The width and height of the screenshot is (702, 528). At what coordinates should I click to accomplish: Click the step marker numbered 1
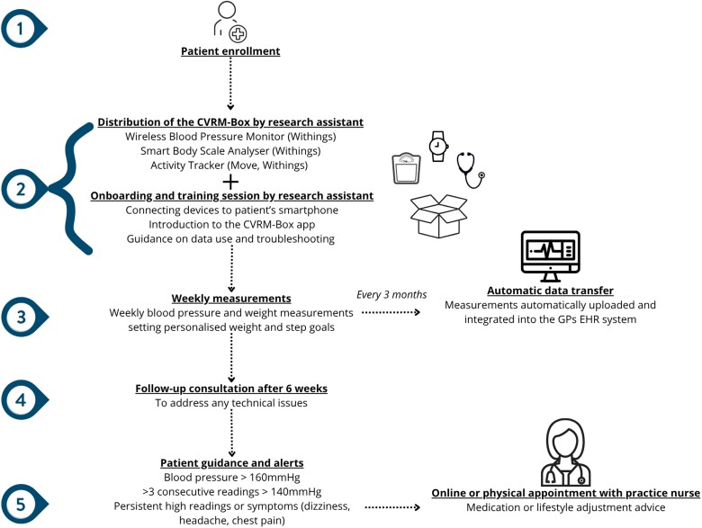coord(23,29)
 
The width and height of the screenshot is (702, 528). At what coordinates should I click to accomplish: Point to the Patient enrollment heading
coord(230,51)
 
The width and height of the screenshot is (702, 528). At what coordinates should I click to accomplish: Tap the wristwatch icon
coord(438,147)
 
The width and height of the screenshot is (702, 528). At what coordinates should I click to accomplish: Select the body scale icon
coord(407,169)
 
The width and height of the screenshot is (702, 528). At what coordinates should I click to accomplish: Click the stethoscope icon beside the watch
coord(470,170)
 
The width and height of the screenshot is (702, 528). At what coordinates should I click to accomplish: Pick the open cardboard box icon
coord(439,216)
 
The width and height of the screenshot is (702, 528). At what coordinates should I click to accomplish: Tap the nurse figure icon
coord(565,452)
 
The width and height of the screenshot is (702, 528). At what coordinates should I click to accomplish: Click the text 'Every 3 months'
coord(391,295)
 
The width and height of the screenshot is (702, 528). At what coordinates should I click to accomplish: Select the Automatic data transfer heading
coord(550,291)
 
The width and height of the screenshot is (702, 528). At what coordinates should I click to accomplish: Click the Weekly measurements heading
coord(231,299)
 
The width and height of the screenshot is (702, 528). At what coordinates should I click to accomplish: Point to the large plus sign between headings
coord(230,182)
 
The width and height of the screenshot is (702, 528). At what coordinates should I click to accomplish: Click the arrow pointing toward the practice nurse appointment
coord(392,507)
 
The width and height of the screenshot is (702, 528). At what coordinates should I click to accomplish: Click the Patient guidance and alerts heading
coord(232,463)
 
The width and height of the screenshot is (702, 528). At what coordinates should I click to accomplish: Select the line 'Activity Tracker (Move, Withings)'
coord(229,166)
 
